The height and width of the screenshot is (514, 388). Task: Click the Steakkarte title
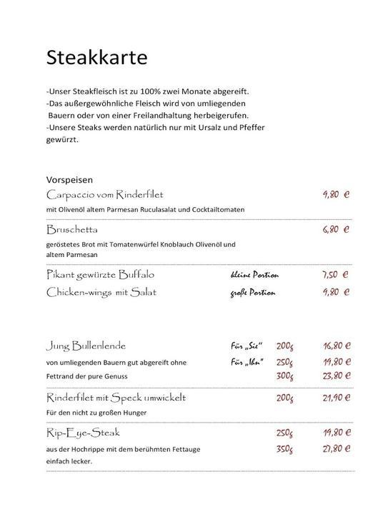tap(97, 57)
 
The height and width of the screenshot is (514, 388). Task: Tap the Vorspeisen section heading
tap(70, 180)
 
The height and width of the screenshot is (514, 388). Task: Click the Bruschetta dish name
tap(72, 230)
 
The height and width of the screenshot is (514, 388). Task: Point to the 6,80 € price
tap(335, 230)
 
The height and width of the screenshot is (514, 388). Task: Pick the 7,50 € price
tap(335, 274)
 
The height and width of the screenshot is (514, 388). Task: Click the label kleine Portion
tap(254, 275)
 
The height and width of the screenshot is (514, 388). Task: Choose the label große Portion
tap(252, 293)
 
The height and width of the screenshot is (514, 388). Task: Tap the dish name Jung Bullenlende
tap(86, 346)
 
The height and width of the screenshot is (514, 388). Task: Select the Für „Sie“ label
tap(247, 346)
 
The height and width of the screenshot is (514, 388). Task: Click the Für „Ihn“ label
tap(246, 362)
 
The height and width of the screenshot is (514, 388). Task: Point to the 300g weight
tap(285, 376)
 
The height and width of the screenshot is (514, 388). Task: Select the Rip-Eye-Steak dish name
tap(83, 433)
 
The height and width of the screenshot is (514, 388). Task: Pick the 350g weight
tap(285, 449)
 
